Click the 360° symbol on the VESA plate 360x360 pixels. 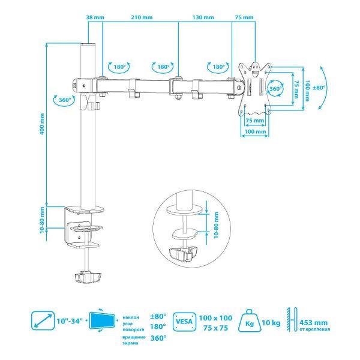coord(275,88)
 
